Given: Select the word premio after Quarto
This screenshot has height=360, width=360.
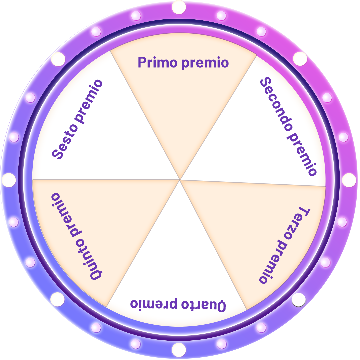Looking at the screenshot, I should (x=154, y=304).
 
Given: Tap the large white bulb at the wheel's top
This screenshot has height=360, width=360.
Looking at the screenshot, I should (x=179, y=7).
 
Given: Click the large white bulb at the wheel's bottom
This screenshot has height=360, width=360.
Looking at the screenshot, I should (x=179, y=350).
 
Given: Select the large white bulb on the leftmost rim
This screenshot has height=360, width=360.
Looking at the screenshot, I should (x=9, y=180).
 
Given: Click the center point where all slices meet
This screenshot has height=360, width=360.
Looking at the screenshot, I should (x=180, y=180).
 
